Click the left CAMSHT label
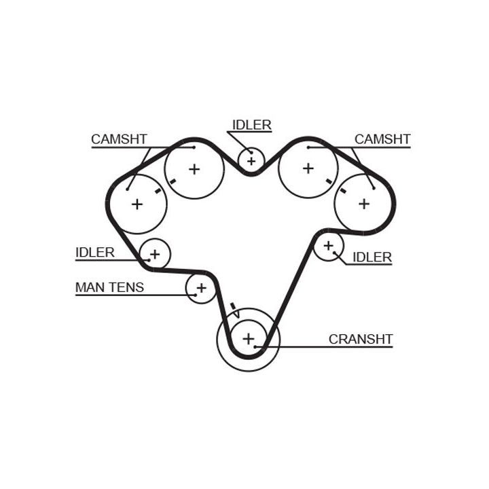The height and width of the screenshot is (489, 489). click(x=119, y=139)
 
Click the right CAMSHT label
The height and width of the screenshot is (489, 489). click(x=382, y=139)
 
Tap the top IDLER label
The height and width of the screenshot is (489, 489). click(x=251, y=125)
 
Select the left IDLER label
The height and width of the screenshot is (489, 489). click(x=94, y=253)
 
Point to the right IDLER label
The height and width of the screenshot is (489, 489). click(x=372, y=257)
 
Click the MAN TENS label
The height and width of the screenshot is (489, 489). click(x=109, y=287)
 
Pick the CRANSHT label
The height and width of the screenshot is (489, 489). click(x=361, y=339)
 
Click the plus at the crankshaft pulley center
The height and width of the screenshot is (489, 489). click(x=248, y=338)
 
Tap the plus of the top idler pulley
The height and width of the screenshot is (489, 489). click(x=252, y=161)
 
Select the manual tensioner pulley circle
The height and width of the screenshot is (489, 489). click(x=200, y=289)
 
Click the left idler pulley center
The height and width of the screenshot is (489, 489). click(x=155, y=255)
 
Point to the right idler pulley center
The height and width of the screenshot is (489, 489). click(x=329, y=245)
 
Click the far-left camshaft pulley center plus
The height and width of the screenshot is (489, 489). click(x=137, y=204)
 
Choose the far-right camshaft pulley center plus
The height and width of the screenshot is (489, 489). click(x=363, y=203)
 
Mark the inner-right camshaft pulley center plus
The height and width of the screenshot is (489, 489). click(x=308, y=168)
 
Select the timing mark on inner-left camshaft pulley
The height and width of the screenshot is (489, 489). click(x=173, y=182)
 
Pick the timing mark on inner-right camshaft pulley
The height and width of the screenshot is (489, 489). click(x=329, y=181)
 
